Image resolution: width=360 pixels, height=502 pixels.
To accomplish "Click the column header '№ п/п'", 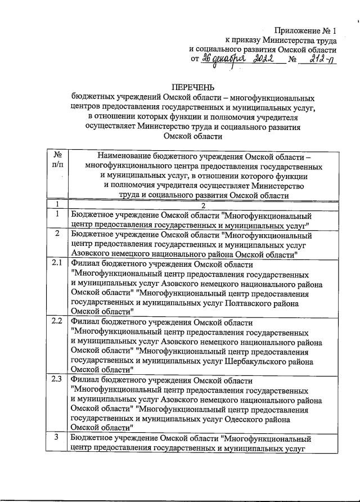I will click(x=57, y=160).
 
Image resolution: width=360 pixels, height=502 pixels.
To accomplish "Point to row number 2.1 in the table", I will click(x=57, y=263).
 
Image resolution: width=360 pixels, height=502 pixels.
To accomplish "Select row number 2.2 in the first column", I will click(x=57, y=321).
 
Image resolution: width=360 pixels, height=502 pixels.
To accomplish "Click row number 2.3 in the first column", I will click(x=57, y=379).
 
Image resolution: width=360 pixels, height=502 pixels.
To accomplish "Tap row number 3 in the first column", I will click(x=57, y=437).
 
